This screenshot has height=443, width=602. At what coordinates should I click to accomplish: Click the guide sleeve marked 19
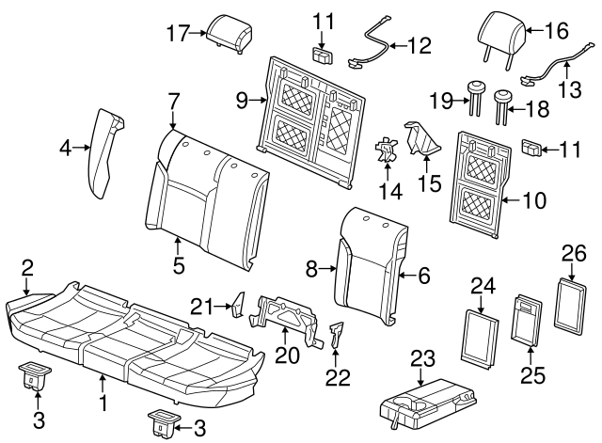473,94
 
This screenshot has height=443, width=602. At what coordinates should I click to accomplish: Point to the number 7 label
172,99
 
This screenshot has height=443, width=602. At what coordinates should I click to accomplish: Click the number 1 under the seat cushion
103,405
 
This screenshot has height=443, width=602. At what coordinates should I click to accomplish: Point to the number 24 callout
482,283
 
